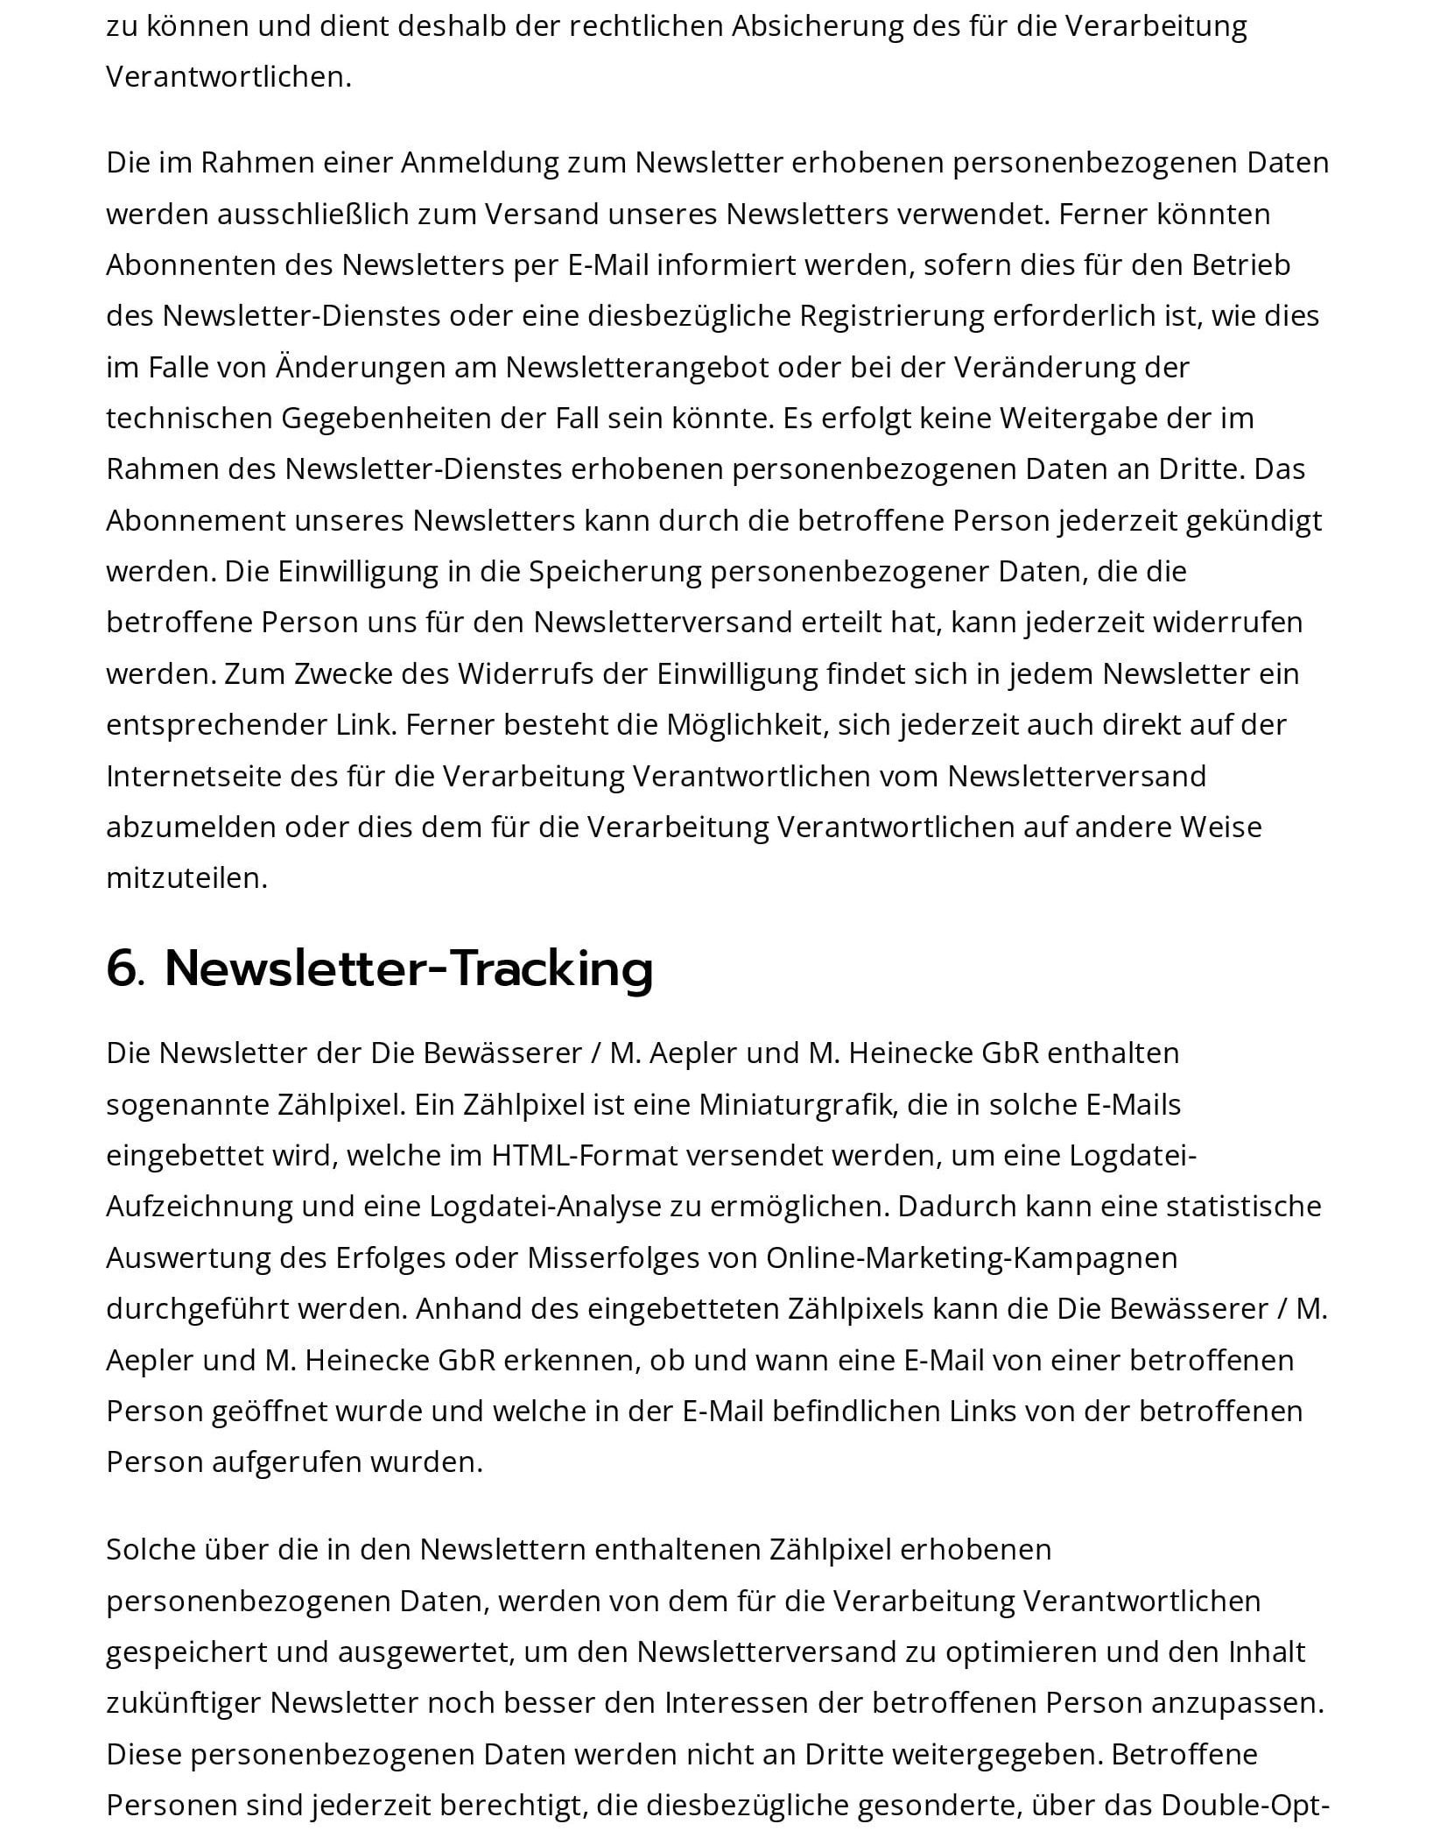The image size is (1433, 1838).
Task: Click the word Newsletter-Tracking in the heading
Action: tap(409, 969)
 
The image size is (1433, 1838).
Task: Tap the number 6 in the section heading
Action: tap(123, 969)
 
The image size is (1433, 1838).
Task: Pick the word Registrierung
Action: tap(892, 316)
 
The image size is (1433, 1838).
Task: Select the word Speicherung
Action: tap(615, 572)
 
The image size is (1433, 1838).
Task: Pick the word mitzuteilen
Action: tap(186, 878)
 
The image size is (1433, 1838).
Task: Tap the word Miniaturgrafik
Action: tap(797, 1105)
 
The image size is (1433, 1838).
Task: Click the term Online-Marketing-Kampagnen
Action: tap(972, 1258)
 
